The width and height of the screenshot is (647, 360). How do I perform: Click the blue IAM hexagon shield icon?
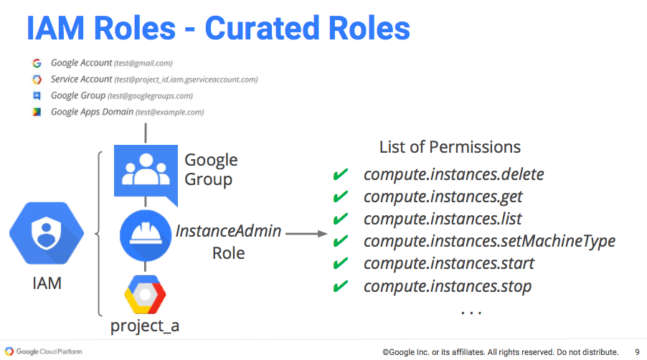tap(47, 233)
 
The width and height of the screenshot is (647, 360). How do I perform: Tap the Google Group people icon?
tap(146, 174)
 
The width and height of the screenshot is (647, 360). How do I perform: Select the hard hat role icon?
tap(145, 235)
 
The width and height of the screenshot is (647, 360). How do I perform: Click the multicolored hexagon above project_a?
tap(145, 295)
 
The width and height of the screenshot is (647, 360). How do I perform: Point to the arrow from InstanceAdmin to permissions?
tap(306, 234)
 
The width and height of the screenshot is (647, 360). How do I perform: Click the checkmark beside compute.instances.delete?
tap(341, 174)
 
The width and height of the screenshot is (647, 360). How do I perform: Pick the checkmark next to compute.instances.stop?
tap(341, 285)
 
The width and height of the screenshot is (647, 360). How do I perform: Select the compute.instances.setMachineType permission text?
tap(489, 241)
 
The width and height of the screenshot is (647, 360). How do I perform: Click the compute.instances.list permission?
tap(443, 219)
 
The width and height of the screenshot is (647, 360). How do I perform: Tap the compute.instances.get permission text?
tap(443, 197)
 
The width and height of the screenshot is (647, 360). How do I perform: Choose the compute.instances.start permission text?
tap(449, 263)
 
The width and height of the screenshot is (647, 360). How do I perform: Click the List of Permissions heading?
tap(450, 147)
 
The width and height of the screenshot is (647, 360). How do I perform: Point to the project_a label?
tap(145, 326)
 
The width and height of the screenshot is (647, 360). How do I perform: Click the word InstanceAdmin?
tap(229, 231)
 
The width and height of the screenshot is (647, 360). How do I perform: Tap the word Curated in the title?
tap(262, 28)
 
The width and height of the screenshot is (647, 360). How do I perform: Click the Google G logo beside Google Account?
tap(37, 63)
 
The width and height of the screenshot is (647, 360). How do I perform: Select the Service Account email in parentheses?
tap(186, 80)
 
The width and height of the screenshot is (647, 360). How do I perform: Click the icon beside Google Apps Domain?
tap(37, 112)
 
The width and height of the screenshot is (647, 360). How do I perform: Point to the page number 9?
tap(637, 352)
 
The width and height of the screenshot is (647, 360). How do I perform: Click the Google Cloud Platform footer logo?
tap(43, 351)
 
